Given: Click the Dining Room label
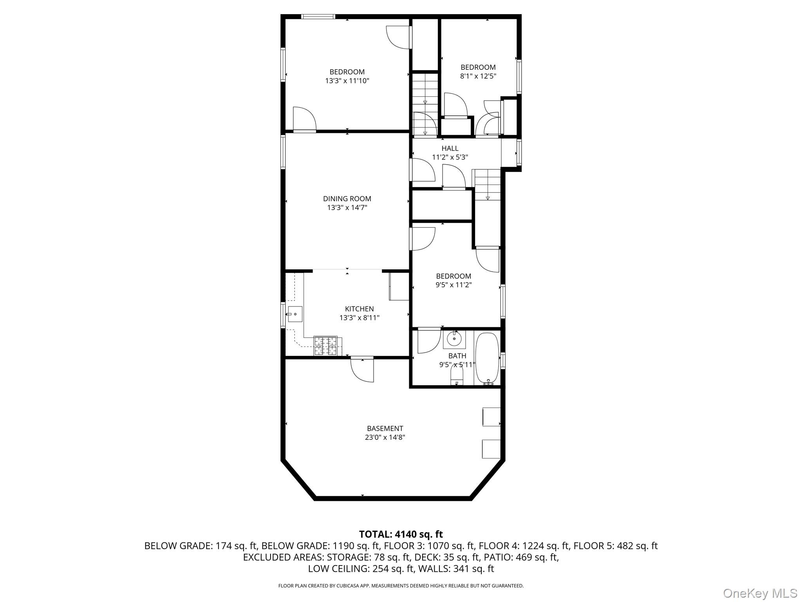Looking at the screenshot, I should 347,199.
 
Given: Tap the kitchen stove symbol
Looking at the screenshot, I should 325,346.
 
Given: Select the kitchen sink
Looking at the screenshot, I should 295,314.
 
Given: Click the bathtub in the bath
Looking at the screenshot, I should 487,358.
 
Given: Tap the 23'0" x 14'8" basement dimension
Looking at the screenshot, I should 385,437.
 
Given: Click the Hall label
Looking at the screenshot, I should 450,149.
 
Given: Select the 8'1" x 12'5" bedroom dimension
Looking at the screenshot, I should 478,76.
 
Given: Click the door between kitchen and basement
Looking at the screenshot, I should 362,368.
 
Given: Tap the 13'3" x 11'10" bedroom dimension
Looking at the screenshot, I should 347,81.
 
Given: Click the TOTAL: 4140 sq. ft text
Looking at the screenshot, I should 401,534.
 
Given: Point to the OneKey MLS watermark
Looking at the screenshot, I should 760,593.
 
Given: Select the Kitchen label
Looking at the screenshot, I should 359,309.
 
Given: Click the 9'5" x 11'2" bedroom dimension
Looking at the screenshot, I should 453,285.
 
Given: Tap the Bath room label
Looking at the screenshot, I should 457,356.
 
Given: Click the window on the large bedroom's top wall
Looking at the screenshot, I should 318,16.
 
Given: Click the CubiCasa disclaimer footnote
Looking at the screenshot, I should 401,586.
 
